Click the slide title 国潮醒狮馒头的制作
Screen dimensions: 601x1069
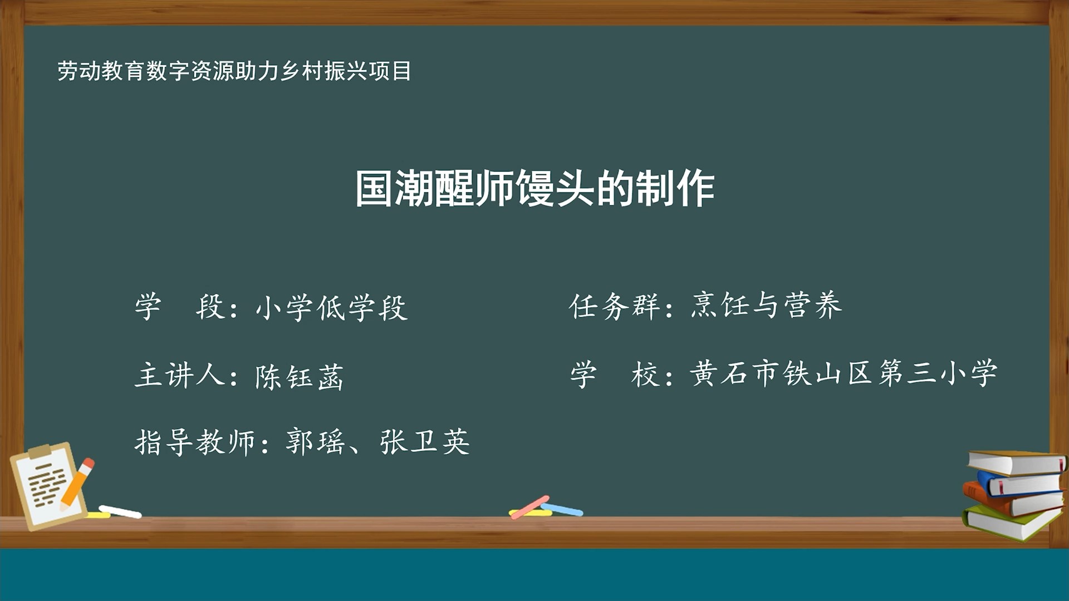pyautogui.click(x=534, y=188)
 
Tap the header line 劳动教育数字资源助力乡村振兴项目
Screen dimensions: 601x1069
pyautogui.click(x=234, y=71)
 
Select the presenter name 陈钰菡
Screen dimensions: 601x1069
pyautogui.click(x=299, y=376)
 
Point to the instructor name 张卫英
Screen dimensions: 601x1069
pyautogui.click(x=425, y=442)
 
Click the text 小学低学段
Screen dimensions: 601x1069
pyautogui.click(x=332, y=307)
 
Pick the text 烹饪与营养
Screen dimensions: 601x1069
pyautogui.click(x=766, y=305)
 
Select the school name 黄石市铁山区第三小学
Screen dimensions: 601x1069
pyautogui.click(x=843, y=373)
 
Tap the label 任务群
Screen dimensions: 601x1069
pyautogui.click(x=614, y=306)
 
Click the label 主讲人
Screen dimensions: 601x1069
pyautogui.click(x=179, y=375)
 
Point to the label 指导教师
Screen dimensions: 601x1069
pyautogui.click(x=195, y=443)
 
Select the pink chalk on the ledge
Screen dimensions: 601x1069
pyautogui.click(x=529, y=506)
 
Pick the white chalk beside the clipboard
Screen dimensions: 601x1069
pyautogui.click(x=120, y=511)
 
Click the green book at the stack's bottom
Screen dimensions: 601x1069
pyautogui.click(x=1008, y=523)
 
